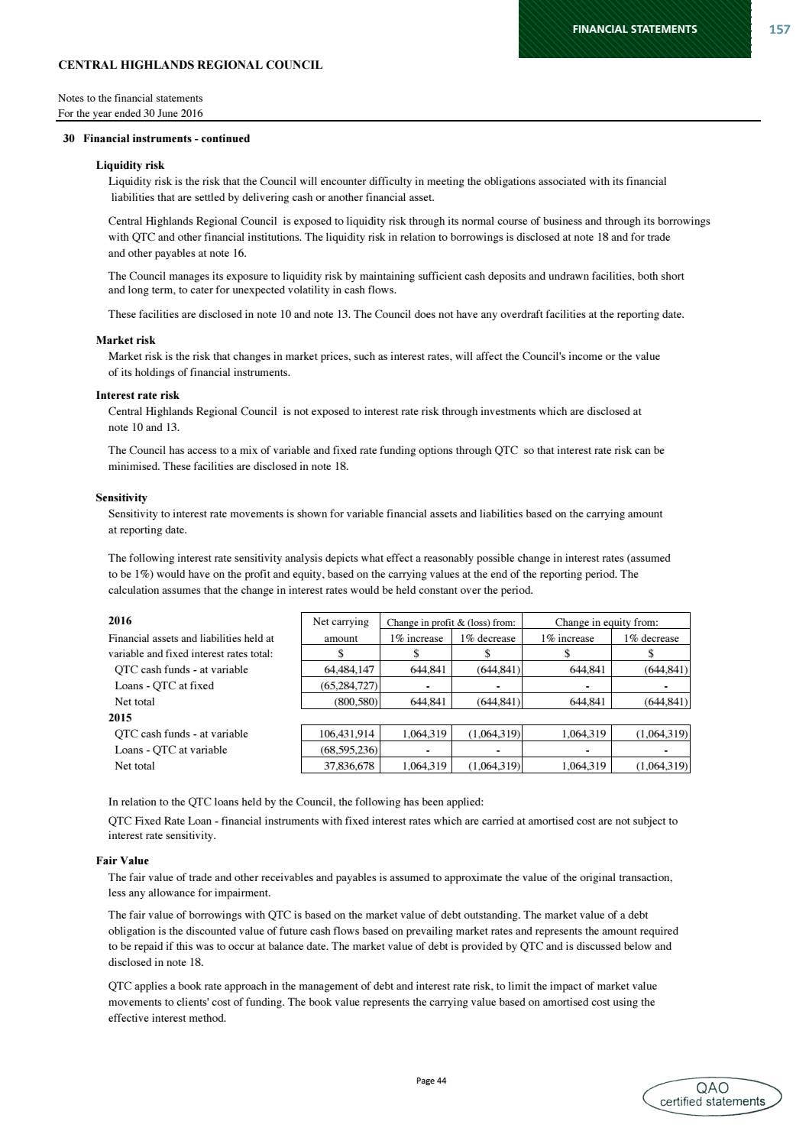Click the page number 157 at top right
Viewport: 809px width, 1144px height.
(778, 29)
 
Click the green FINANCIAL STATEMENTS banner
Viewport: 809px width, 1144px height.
(634, 29)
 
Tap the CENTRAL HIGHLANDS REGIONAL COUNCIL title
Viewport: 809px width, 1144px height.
(190, 66)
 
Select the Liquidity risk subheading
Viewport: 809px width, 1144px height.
(130, 165)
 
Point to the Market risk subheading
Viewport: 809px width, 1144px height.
(125, 340)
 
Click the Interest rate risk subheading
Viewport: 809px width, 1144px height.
(138, 395)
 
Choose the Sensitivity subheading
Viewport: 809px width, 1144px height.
(121, 497)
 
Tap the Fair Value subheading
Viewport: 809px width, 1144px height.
(122, 860)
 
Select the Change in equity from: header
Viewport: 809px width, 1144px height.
(607, 622)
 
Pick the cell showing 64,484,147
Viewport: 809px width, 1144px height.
(341, 669)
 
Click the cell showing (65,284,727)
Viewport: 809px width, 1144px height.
(341, 685)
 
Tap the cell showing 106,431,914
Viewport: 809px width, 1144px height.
(341, 734)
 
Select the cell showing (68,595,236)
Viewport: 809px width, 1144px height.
(341, 750)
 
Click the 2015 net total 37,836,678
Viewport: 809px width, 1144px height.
(341, 766)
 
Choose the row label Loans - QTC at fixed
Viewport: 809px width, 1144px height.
(164, 685)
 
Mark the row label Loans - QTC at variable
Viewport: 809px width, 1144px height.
(170, 750)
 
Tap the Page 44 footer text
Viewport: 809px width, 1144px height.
(431, 1081)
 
